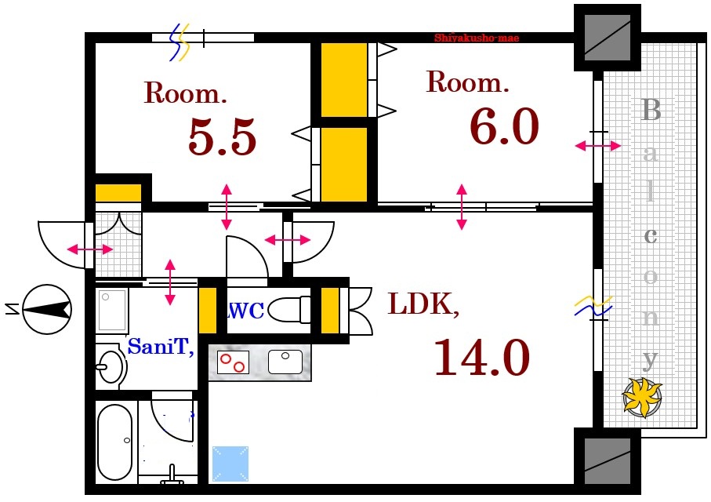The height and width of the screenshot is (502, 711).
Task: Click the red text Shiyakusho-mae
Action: click(477, 38)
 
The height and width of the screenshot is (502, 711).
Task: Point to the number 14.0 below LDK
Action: click(481, 358)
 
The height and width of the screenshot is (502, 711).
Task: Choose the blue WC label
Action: click(245, 310)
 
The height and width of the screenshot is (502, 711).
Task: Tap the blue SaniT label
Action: click(161, 347)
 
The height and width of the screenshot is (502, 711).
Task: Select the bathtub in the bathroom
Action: click(115, 442)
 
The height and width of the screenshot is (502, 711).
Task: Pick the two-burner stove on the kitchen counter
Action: click(233, 362)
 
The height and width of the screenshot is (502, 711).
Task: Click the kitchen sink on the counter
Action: click(285, 362)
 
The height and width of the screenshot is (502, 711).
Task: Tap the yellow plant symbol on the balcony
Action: click(642, 396)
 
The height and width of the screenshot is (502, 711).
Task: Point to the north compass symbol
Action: click(46, 309)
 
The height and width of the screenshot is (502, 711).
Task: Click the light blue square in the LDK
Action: click(231, 463)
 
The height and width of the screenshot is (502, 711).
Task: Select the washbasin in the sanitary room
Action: click(111, 366)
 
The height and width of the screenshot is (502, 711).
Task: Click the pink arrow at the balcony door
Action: click(598, 146)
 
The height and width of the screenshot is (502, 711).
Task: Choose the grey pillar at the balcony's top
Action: click(608, 37)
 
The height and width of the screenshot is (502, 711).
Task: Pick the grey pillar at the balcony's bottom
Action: click(608, 461)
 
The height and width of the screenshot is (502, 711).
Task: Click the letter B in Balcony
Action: click(651, 111)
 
